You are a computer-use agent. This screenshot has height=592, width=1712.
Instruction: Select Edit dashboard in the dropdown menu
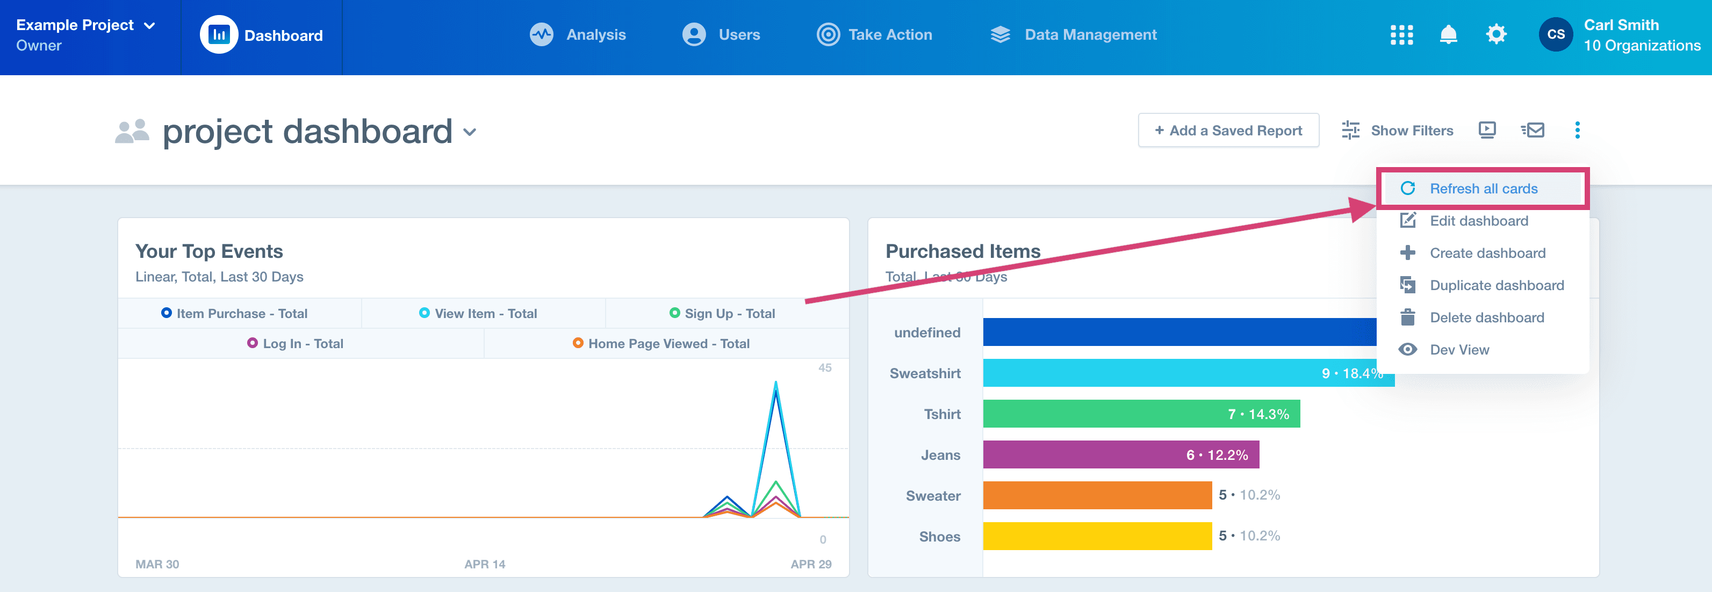tap(1478, 221)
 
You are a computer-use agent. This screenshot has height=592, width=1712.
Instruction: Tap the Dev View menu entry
tap(1459, 350)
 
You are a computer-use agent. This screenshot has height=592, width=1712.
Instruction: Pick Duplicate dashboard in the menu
tap(1496, 285)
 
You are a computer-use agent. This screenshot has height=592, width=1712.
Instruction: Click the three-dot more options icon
tap(1577, 130)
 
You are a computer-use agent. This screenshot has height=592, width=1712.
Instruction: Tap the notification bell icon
tap(1448, 34)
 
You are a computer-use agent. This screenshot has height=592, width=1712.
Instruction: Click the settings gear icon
tap(1496, 34)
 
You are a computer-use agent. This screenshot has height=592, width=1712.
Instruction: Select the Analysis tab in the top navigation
tap(578, 34)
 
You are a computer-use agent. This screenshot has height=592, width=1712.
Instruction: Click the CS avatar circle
tap(1555, 34)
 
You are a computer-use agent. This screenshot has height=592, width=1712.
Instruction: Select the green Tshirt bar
tap(1140, 414)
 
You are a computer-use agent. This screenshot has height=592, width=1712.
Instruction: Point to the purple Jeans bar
tap(1120, 455)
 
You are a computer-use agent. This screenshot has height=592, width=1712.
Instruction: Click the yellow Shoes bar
tap(1097, 536)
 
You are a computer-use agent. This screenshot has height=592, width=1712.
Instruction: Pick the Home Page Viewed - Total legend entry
tap(661, 343)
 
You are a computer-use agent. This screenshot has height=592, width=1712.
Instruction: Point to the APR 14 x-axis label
tap(485, 564)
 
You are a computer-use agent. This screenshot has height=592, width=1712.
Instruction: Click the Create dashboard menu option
tap(1487, 253)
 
